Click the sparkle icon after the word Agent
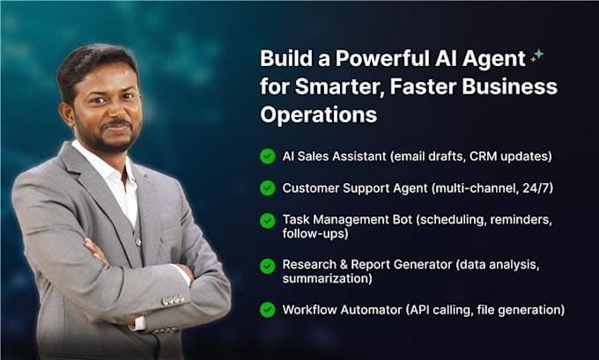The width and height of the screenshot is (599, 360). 536,56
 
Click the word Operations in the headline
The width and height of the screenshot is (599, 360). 319,114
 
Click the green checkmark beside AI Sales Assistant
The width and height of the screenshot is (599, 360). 267,157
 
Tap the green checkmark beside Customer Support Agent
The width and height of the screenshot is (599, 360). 267,187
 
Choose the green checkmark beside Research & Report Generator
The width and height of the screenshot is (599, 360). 267,264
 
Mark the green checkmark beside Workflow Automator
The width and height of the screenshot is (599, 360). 267,309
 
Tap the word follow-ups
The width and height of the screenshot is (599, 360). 314,235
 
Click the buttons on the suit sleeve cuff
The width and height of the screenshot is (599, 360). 174,300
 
